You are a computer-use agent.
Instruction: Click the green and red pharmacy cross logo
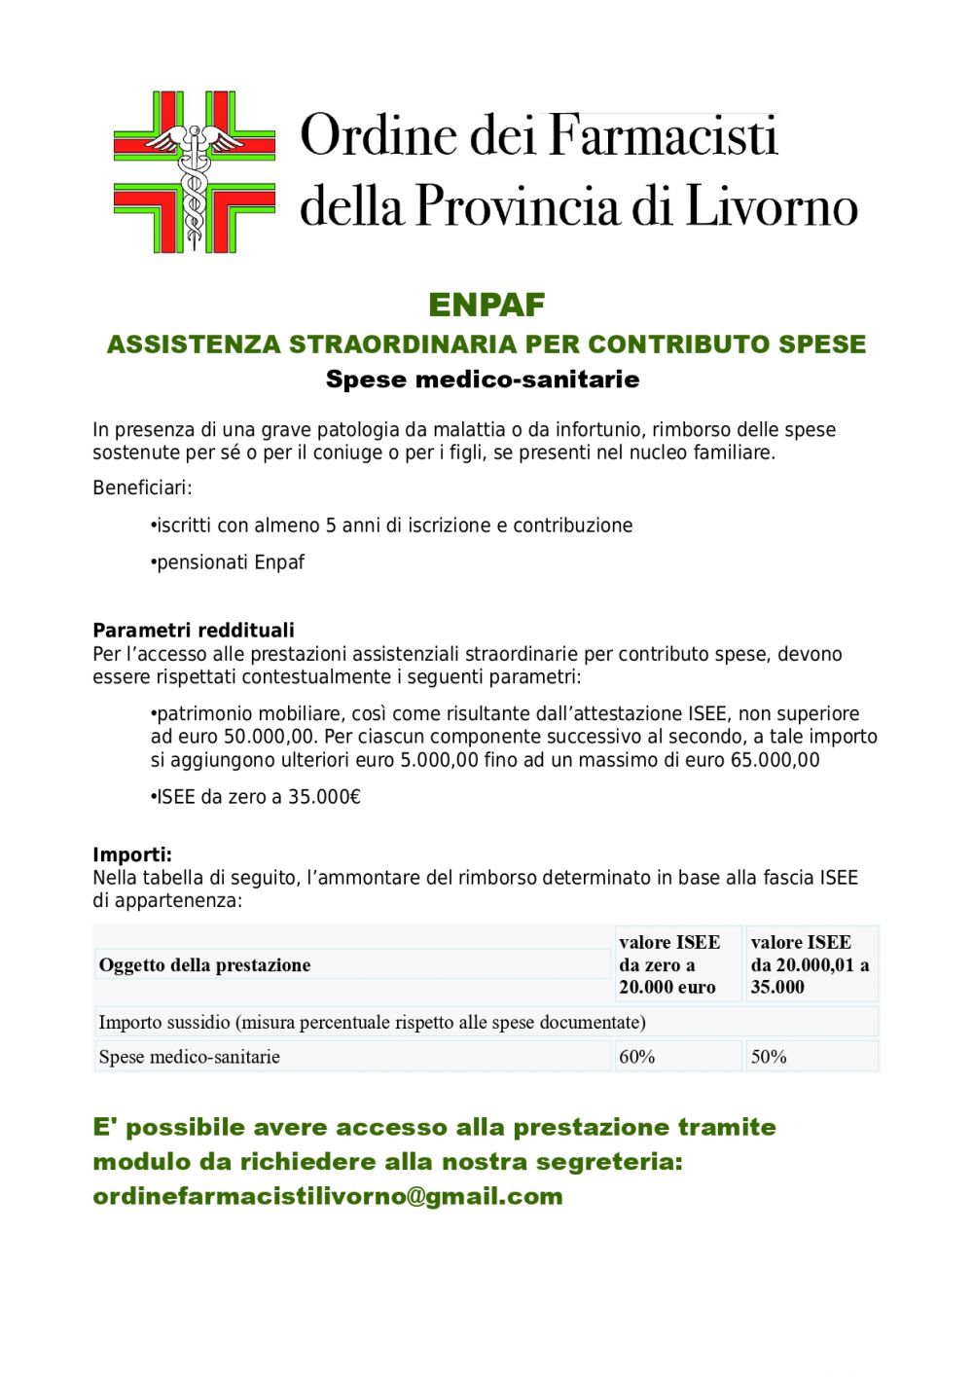click(x=194, y=172)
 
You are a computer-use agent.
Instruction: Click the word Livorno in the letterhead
click(x=772, y=206)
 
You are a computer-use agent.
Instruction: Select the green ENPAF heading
click(x=486, y=305)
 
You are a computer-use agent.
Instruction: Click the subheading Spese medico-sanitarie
click(x=483, y=379)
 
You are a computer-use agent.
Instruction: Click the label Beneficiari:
click(x=142, y=488)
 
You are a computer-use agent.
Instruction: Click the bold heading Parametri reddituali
click(x=194, y=630)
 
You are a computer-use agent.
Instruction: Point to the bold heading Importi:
click(x=132, y=854)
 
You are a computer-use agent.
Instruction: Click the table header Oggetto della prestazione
click(x=205, y=964)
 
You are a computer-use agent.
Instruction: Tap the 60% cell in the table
click(x=637, y=1057)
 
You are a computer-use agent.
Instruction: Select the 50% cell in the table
click(x=769, y=1057)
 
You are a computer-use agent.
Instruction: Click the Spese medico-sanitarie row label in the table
click(x=190, y=1057)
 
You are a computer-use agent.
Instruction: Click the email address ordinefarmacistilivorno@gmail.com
click(x=328, y=1196)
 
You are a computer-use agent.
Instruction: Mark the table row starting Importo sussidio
click(x=373, y=1022)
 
